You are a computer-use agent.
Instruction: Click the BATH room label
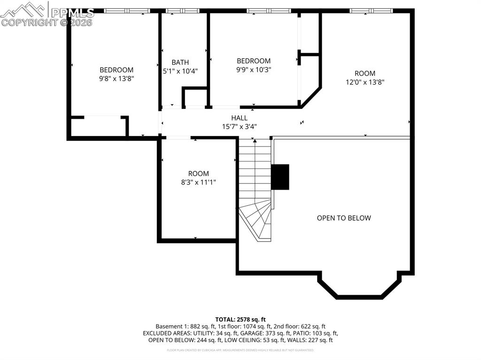tap(180, 62)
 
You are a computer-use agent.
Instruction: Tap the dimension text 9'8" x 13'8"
tap(116, 79)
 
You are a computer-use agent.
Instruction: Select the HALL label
tap(239, 118)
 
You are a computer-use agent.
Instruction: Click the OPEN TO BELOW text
tap(344, 218)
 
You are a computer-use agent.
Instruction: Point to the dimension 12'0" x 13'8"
tap(365, 82)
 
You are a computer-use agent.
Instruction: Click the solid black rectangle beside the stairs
tap(280, 177)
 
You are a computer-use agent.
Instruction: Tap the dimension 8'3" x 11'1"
tap(198, 182)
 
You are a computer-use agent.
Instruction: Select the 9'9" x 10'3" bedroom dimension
tap(254, 69)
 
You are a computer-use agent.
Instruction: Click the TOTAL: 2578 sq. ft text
tap(240, 319)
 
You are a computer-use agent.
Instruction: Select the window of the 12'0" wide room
tap(371, 10)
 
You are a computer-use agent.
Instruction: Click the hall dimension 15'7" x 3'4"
tap(239, 126)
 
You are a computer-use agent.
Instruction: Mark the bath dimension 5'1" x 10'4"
tap(180, 71)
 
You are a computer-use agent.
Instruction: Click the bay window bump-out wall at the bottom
tap(359, 297)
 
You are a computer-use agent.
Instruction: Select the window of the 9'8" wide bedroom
tap(127, 10)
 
